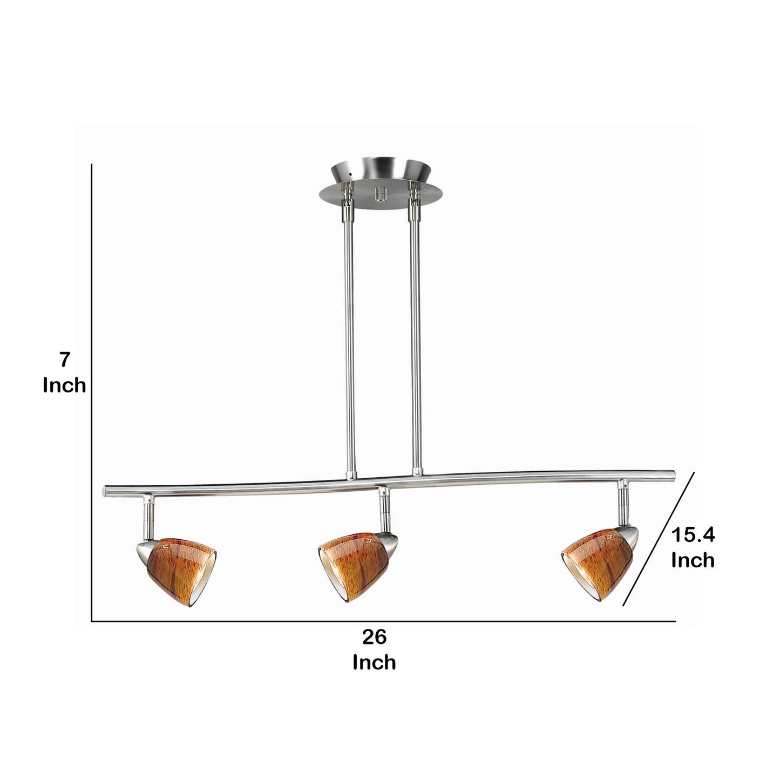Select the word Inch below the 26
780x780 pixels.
[x=375, y=662]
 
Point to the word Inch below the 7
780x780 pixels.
[x=65, y=385]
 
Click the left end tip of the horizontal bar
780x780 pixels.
[x=106, y=491]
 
